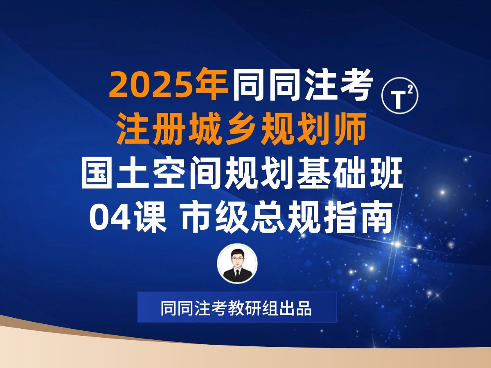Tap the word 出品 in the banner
[298, 308]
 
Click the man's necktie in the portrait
[238, 274]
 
